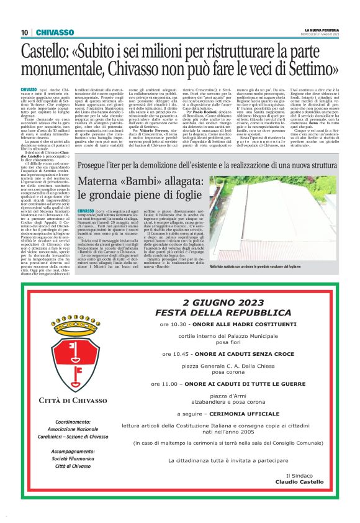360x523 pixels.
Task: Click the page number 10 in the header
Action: click(x=25, y=32)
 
